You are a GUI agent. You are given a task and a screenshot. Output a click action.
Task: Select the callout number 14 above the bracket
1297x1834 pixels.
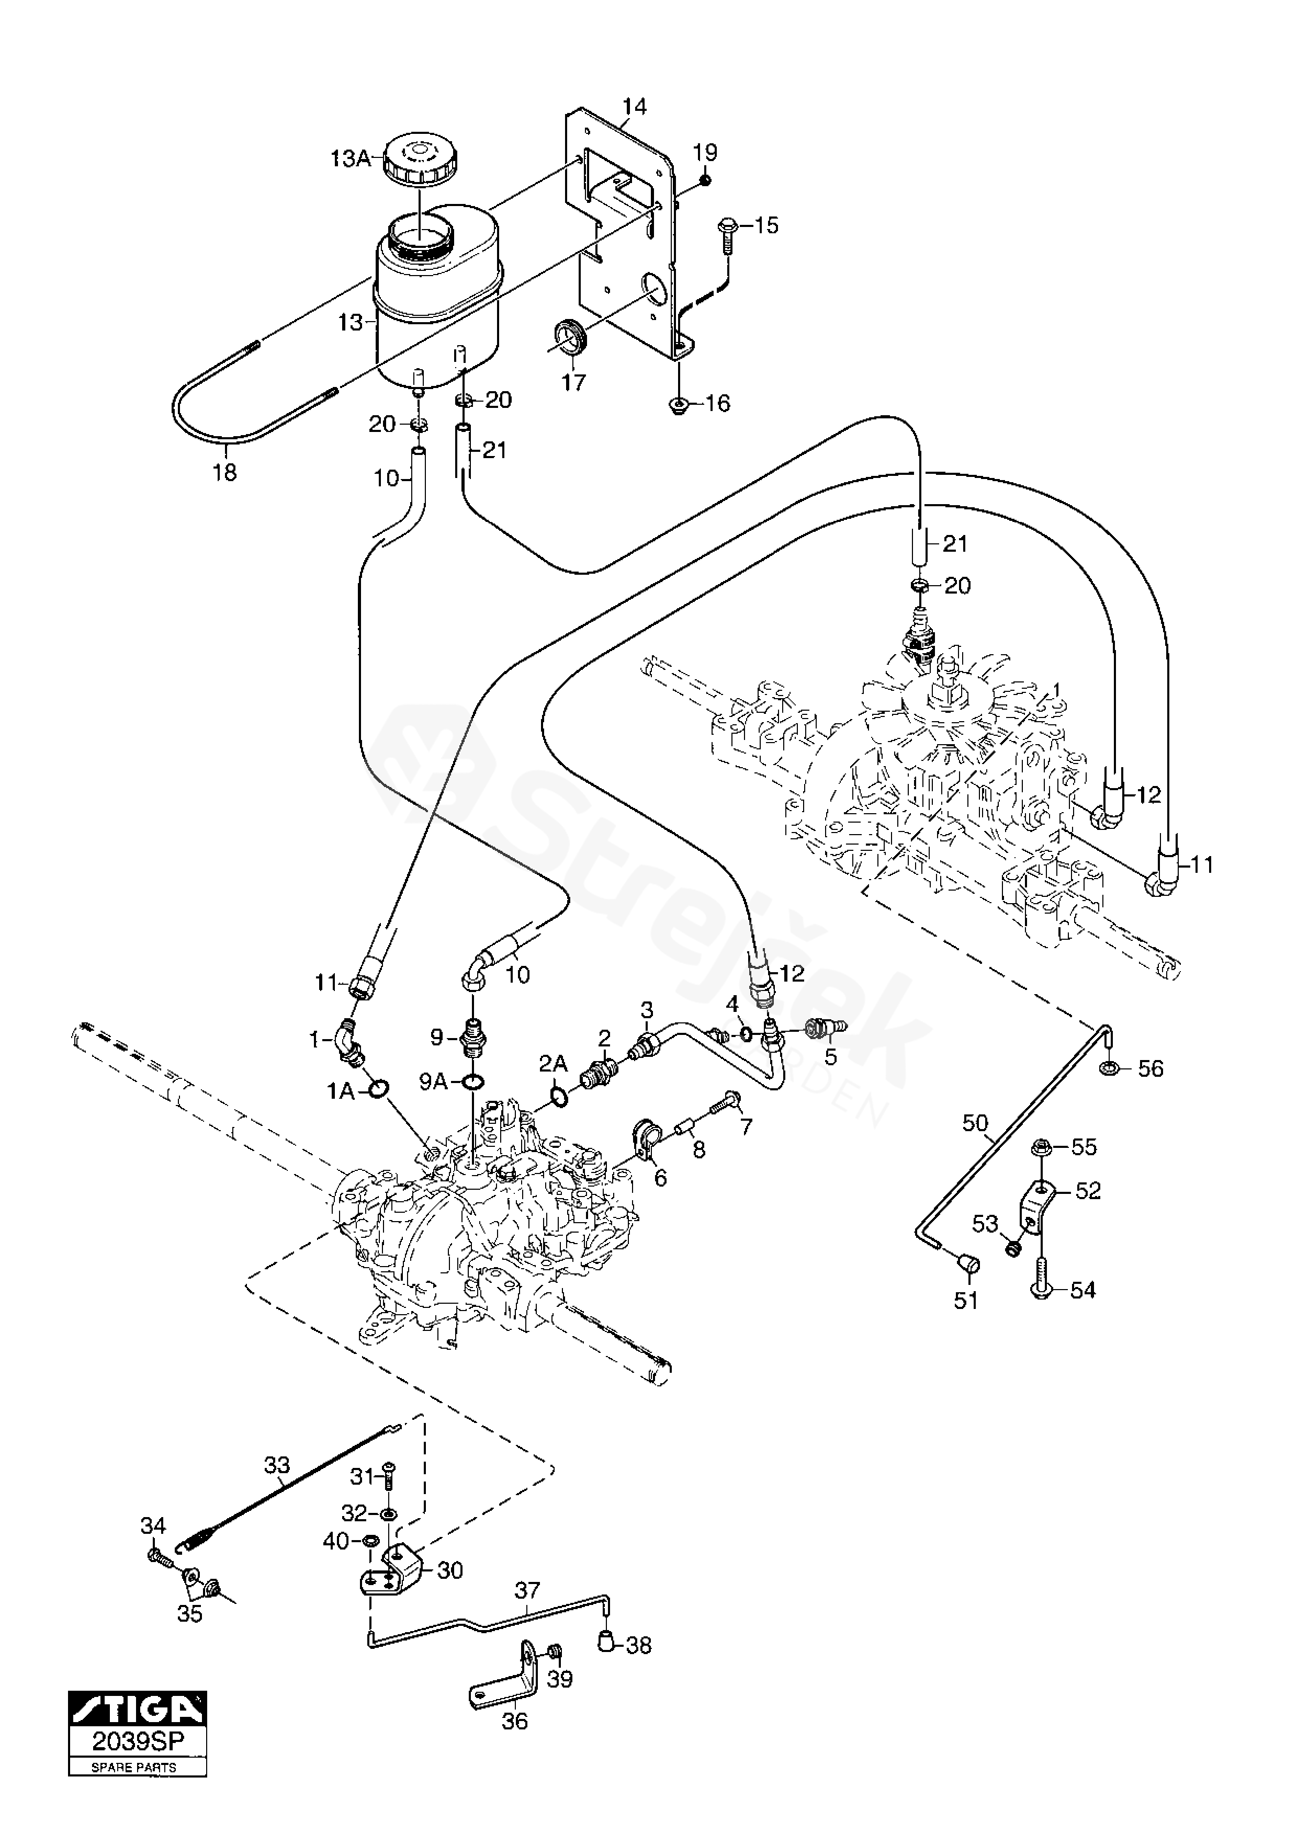click(x=635, y=106)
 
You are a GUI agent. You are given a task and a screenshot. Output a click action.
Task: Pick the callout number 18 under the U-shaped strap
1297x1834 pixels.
click(x=225, y=473)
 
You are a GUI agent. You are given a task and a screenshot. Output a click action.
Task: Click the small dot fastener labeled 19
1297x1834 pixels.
click(x=705, y=180)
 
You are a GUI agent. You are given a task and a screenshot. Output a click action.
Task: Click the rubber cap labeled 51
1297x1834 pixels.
click(x=969, y=1263)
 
